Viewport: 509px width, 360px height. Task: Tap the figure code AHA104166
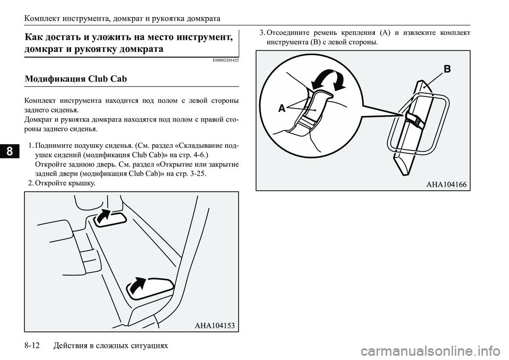[446, 183]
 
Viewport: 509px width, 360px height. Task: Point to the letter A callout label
[282, 108]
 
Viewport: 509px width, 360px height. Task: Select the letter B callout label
[447, 68]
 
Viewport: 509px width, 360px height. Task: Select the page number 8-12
[34, 346]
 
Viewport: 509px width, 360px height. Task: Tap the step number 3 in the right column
[262, 33]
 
